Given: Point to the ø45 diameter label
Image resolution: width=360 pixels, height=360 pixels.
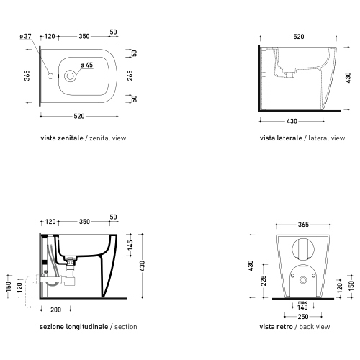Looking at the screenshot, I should click(x=86, y=66).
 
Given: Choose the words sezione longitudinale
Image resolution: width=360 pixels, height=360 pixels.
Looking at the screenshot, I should click(x=74, y=327).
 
